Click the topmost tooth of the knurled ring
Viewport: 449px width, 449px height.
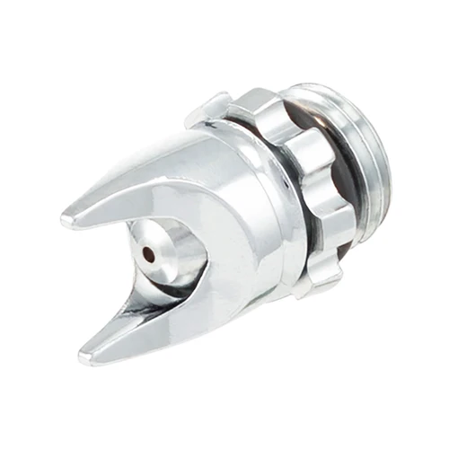coord(260,101)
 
